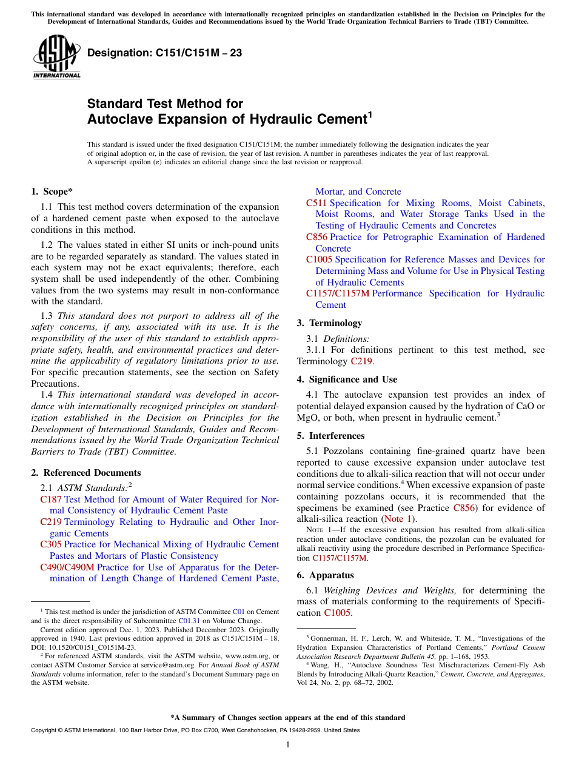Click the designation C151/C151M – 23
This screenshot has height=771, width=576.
(x=164, y=53)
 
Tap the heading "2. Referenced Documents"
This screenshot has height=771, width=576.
(x=86, y=473)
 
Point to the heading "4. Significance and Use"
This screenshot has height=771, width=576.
(x=347, y=379)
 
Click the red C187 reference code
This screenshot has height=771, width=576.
(x=51, y=499)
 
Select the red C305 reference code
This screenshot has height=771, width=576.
(x=51, y=544)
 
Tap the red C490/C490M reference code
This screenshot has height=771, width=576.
(x=67, y=567)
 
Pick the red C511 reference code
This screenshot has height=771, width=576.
(x=316, y=203)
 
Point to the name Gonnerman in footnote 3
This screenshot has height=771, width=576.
(x=327, y=638)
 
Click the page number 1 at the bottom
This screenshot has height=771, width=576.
(x=288, y=745)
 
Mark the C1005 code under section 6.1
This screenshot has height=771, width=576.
(x=337, y=613)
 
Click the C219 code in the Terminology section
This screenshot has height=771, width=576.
(x=361, y=361)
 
